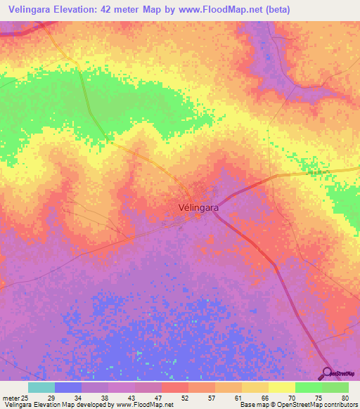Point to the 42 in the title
(110, 10)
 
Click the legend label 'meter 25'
(15, 397)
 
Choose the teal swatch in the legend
(41, 387)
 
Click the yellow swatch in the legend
(281, 387)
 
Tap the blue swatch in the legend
(68, 387)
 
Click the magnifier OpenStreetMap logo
(326, 373)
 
